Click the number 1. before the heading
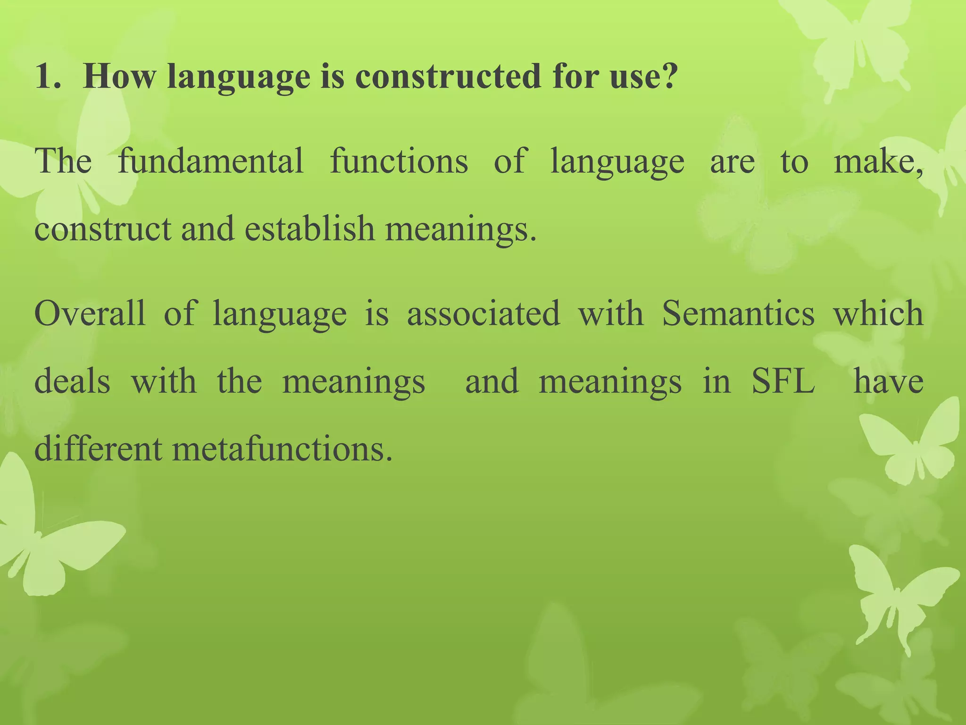(48, 76)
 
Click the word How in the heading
(118, 76)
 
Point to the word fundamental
(210, 161)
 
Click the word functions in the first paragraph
(399, 161)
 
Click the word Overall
(90, 313)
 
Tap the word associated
(483, 313)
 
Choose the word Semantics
(738, 313)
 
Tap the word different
(99, 449)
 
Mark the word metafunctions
(282, 449)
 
